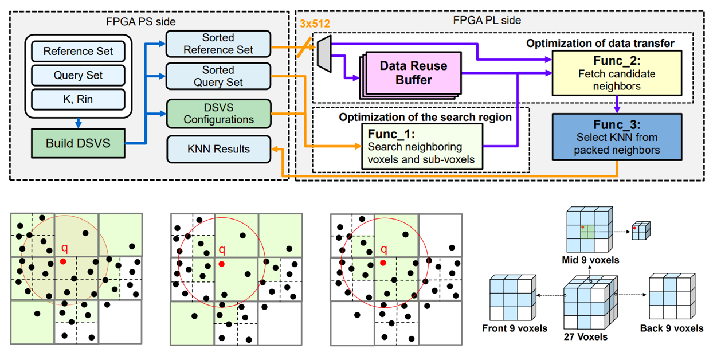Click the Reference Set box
point(78,51)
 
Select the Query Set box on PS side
point(78,75)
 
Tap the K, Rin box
point(78,99)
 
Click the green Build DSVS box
point(78,143)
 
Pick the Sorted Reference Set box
point(218,44)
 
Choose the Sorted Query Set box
point(218,76)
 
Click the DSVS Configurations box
point(218,114)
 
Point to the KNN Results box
point(218,149)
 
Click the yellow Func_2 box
point(616,72)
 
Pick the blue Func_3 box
point(616,138)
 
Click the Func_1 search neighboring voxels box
point(422,147)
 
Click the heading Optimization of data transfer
point(600,43)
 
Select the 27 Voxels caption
point(585,336)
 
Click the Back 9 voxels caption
point(671,328)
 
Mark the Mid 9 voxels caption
point(591,260)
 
